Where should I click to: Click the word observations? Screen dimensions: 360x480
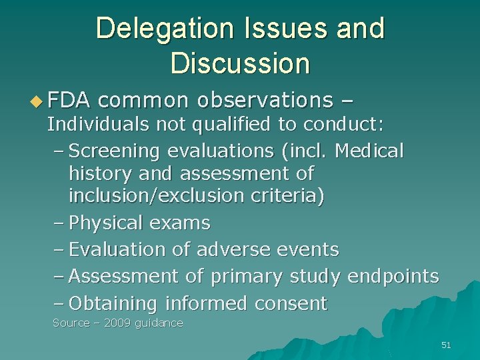coord(265,101)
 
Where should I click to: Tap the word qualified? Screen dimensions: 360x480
coord(213,125)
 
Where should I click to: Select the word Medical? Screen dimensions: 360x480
coord(369,151)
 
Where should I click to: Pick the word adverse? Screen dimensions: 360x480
coord(232,250)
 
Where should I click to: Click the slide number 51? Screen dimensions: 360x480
coord(446,345)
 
